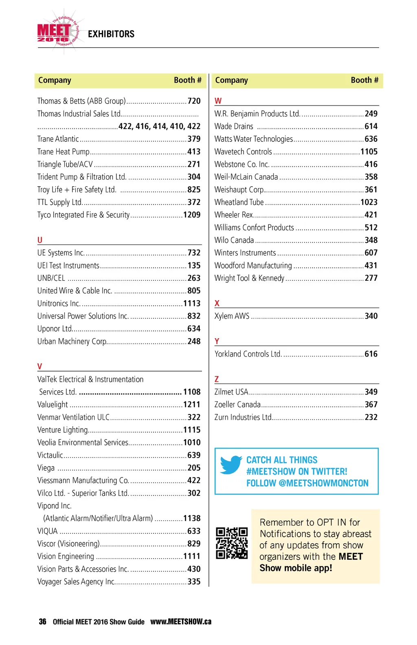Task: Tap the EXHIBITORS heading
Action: (x=111, y=34)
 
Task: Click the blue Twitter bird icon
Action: (x=231, y=465)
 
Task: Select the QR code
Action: (x=232, y=543)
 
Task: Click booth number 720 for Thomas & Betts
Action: (x=194, y=101)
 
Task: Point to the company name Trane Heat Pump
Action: (x=63, y=152)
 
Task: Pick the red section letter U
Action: (x=40, y=240)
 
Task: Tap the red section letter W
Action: (x=218, y=101)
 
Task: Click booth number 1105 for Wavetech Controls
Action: (x=369, y=152)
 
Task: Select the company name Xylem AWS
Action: (x=232, y=316)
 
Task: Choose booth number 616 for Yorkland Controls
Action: (x=371, y=354)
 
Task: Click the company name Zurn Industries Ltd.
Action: (x=243, y=417)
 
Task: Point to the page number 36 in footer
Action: (x=42, y=622)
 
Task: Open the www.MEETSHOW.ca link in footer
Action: (x=181, y=622)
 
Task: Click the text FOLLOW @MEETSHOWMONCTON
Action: (x=307, y=483)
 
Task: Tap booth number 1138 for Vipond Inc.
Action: (x=192, y=518)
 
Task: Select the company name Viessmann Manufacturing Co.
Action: (x=83, y=480)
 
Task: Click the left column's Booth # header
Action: (x=187, y=80)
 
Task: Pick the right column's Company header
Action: (x=231, y=80)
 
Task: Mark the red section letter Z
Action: (x=217, y=379)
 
